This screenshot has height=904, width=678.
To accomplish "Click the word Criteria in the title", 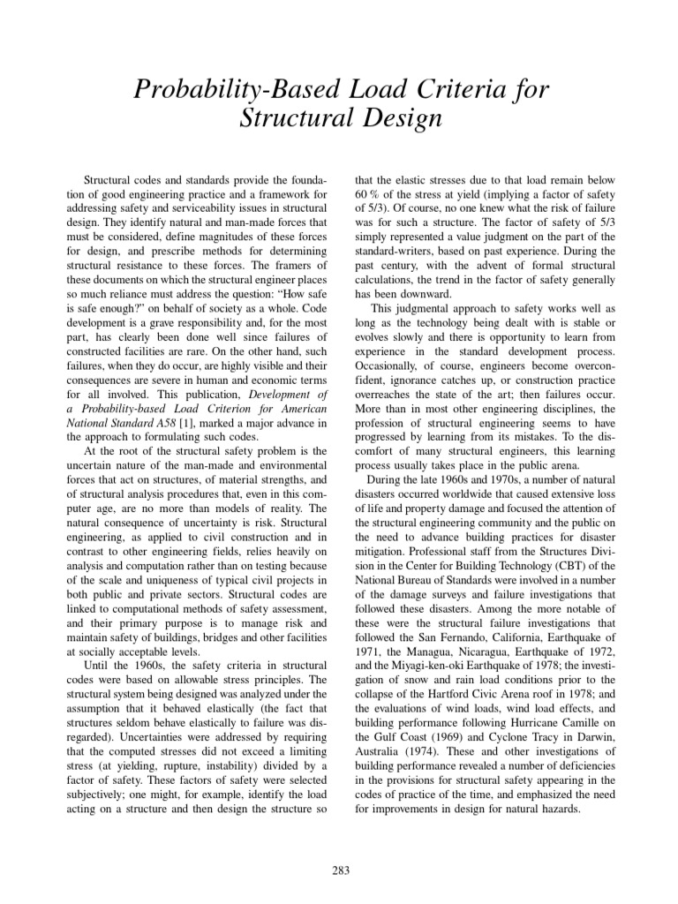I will [x=438, y=88].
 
